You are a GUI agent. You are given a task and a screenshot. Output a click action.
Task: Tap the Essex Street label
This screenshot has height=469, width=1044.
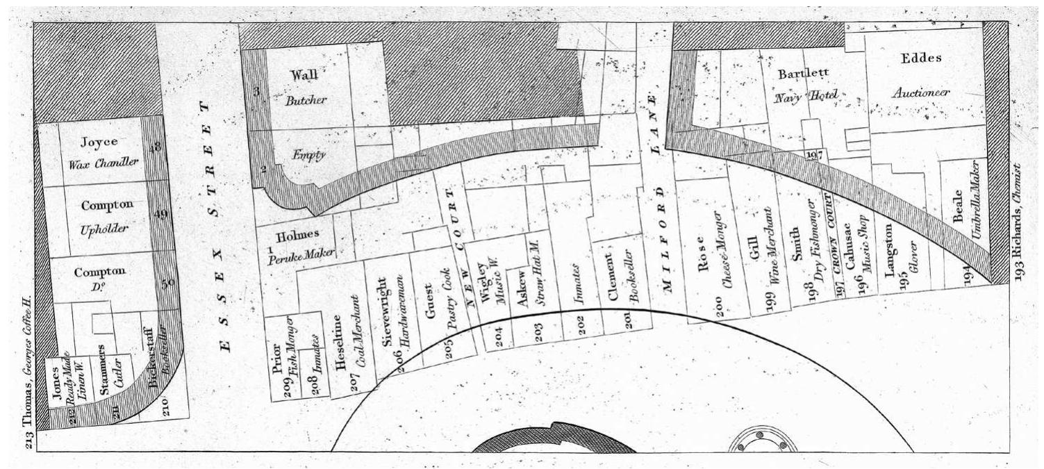click(217, 226)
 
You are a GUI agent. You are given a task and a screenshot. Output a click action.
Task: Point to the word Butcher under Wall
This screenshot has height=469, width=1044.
click(306, 99)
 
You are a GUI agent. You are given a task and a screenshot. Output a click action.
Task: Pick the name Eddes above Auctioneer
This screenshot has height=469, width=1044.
click(921, 59)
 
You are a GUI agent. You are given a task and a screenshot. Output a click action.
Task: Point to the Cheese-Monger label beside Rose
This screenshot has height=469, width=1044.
click(728, 264)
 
